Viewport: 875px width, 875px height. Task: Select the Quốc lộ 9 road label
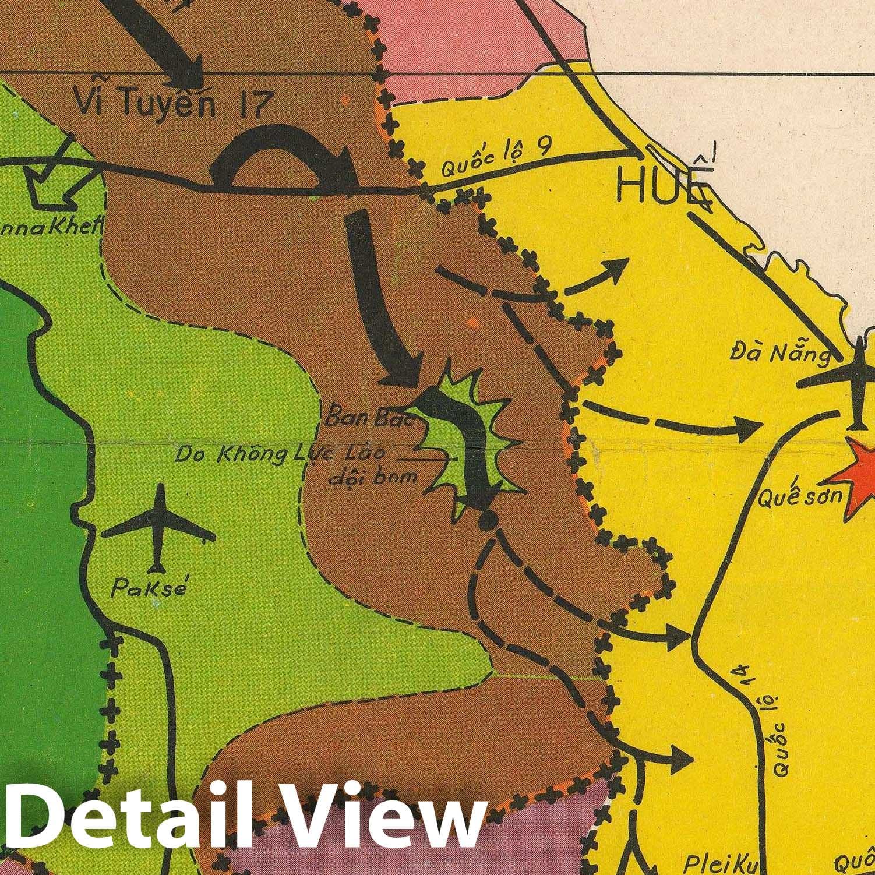[495, 159]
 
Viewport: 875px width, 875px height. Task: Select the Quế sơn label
[785, 496]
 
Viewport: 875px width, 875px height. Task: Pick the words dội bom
[373, 476]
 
